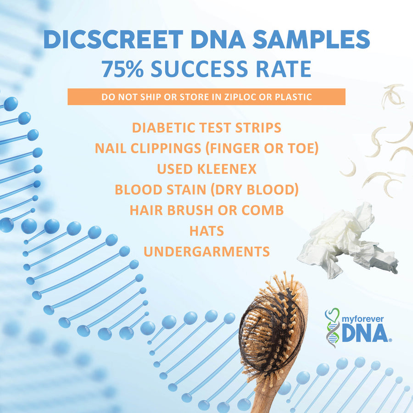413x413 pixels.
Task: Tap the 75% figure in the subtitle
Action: pyautogui.click(x=122, y=69)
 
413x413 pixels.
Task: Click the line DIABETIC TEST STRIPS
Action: pyautogui.click(x=206, y=128)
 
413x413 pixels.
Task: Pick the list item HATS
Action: pyautogui.click(x=206, y=230)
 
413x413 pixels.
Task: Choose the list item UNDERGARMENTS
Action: pyautogui.click(x=206, y=251)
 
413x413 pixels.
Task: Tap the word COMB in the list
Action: pyautogui.click(x=263, y=210)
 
